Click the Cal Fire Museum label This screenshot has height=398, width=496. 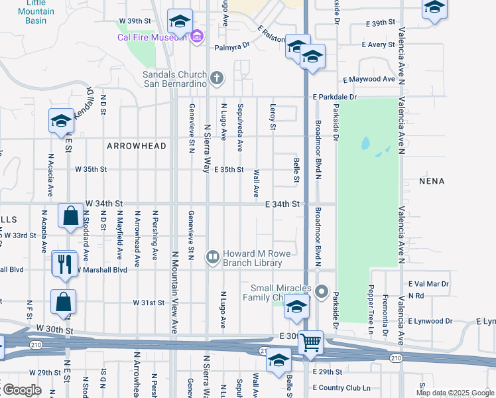[151, 37]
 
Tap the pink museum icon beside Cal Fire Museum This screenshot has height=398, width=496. [196, 36]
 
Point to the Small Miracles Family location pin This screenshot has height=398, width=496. [322, 292]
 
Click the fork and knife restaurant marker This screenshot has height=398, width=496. [64, 264]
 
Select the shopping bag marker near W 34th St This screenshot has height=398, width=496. [70, 216]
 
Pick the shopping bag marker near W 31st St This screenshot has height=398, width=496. [63, 302]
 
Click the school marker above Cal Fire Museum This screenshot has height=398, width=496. [180, 21]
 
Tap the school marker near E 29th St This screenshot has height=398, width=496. [279, 361]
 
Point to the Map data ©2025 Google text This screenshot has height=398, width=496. [454, 393]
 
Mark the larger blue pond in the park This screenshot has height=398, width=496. [365, 143]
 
